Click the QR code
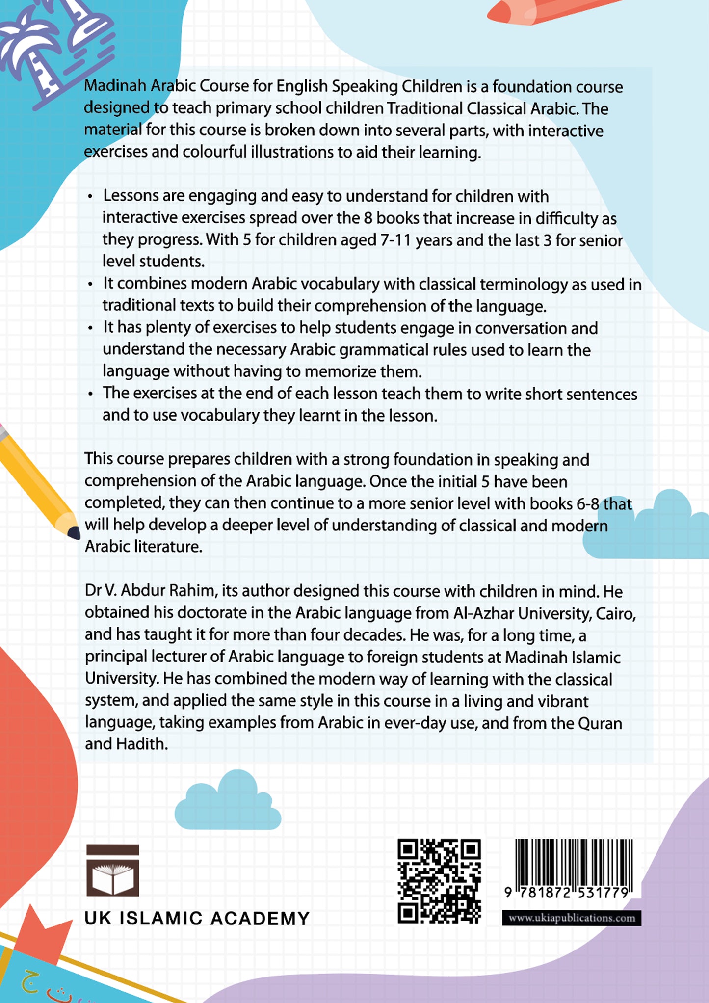pos(439,881)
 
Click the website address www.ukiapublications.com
pos(572,918)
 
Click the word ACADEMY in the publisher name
pos(260,919)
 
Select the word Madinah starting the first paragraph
pos(115,86)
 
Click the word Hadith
pos(142,744)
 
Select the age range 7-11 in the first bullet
pos(395,240)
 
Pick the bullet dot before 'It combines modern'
pos(90,285)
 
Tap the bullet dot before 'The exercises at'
pos(90,395)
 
